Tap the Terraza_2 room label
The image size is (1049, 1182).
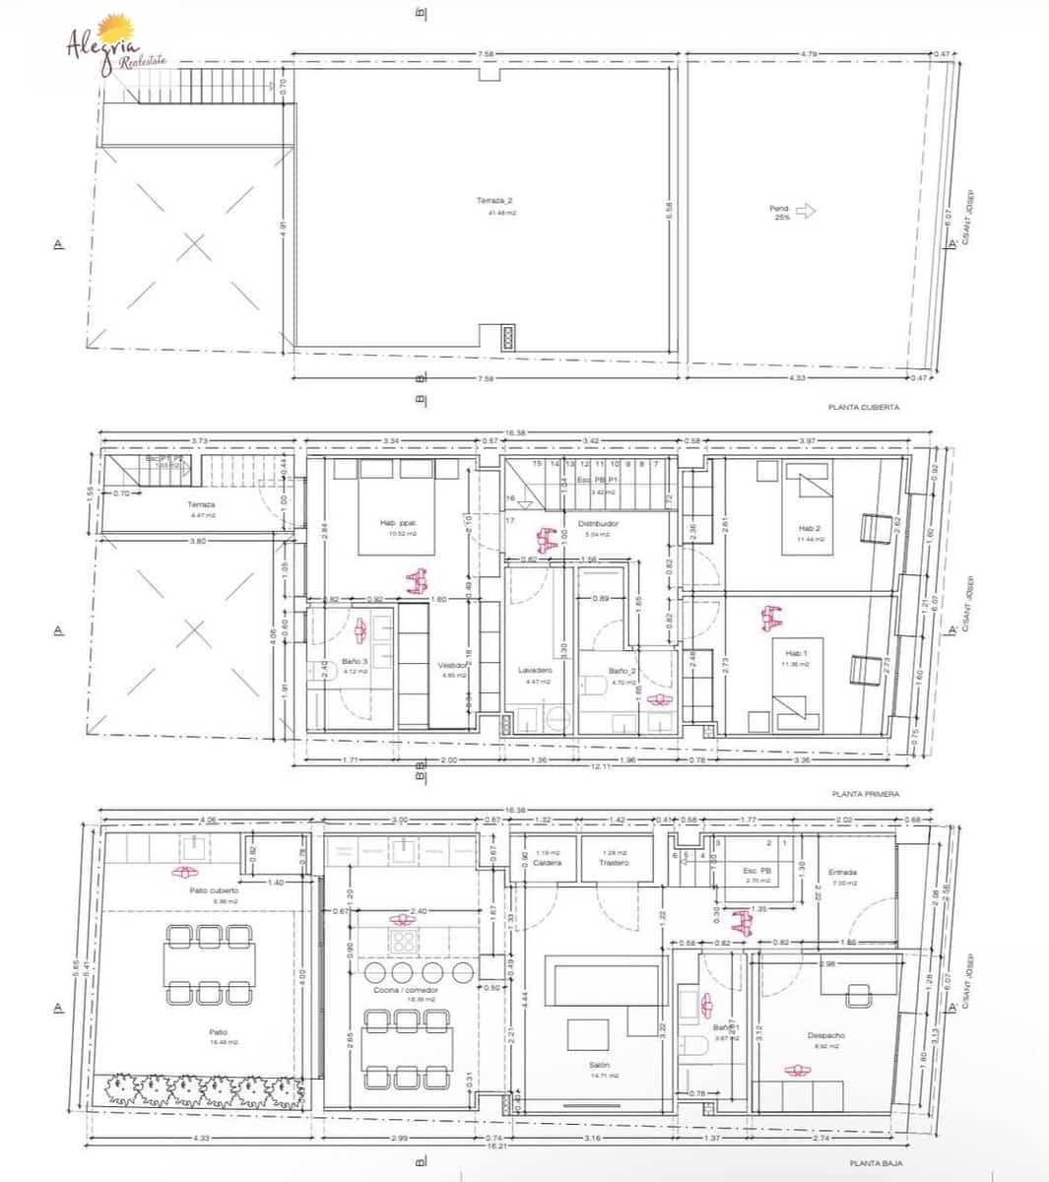[x=495, y=201]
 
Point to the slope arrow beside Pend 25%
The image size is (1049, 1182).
[x=806, y=210]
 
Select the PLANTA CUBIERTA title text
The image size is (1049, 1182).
[x=864, y=407]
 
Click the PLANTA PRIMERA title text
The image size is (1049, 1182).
[x=865, y=793]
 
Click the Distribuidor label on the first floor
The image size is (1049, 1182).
[x=598, y=524]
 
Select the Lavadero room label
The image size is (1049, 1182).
[x=536, y=670]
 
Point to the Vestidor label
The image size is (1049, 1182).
[x=452, y=665]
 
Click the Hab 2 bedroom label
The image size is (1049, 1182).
[x=810, y=528]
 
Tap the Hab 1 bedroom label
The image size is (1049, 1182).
[x=796, y=653]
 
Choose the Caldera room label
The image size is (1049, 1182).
[x=547, y=863]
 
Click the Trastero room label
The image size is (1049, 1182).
[x=614, y=863]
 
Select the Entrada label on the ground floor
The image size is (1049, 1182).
[x=842, y=872]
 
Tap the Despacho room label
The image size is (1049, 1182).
[x=826, y=1035]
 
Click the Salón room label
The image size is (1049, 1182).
[x=599, y=1065]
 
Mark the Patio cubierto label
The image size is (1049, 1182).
[x=214, y=890]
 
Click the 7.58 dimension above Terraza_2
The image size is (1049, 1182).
[x=485, y=54]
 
